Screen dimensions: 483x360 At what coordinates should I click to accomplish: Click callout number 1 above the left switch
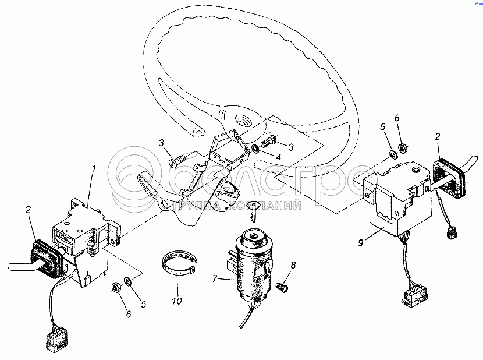tap(94, 169)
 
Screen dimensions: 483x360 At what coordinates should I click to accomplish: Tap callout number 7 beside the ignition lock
tap(215, 278)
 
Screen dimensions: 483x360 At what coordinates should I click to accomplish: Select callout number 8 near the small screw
tap(293, 265)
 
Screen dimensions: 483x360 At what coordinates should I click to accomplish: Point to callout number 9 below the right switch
tap(361, 243)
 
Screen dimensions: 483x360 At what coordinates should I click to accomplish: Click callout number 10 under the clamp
tap(177, 301)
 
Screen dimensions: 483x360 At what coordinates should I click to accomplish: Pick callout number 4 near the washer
tap(279, 157)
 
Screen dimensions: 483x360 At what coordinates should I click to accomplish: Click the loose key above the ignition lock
tap(254, 211)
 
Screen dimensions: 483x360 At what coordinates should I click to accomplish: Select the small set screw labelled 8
tap(281, 288)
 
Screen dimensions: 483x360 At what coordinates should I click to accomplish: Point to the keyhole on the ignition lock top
tap(253, 237)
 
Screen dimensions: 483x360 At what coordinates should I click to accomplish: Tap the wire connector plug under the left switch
tap(56, 341)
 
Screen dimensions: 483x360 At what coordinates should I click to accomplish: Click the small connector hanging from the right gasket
tap(451, 232)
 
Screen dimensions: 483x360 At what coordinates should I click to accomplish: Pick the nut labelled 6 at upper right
tap(402, 149)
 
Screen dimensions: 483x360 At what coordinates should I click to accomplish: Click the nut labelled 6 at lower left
tap(116, 288)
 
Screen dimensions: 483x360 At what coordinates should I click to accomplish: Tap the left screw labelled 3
tap(178, 160)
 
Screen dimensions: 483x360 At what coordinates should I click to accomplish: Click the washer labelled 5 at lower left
tap(128, 280)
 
